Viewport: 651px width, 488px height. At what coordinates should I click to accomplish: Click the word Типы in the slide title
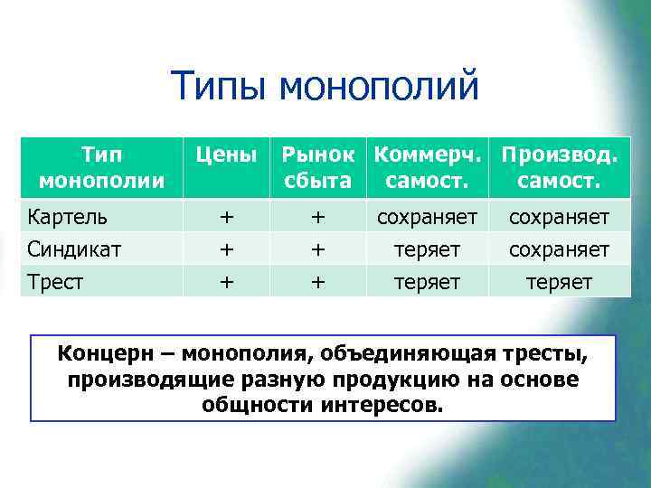(x=220, y=88)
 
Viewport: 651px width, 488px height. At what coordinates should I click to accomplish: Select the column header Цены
(x=227, y=155)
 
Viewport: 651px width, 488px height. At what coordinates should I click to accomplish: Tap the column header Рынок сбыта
(x=317, y=168)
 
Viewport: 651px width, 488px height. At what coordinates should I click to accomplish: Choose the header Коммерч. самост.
(x=427, y=168)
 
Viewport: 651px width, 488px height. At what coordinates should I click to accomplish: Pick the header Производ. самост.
(x=560, y=168)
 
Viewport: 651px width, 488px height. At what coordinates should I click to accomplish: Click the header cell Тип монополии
(x=101, y=168)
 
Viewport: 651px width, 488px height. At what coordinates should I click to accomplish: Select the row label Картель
(x=68, y=218)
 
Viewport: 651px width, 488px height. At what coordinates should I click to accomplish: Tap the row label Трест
(x=56, y=281)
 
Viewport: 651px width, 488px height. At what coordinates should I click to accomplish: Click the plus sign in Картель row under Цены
(x=227, y=218)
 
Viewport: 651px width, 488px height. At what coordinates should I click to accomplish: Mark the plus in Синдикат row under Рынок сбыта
(x=317, y=249)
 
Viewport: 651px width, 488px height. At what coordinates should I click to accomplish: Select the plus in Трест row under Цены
(x=227, y=281)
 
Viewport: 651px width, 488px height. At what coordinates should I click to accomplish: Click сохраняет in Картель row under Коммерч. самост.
(x=427, y=218)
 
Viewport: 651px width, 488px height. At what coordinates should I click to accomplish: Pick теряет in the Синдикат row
(x=427, y=249)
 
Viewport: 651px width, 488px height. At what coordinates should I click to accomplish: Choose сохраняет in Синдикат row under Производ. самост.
(x=560, y=249)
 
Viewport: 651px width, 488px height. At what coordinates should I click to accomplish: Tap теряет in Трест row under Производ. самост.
(x=560, y=281)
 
